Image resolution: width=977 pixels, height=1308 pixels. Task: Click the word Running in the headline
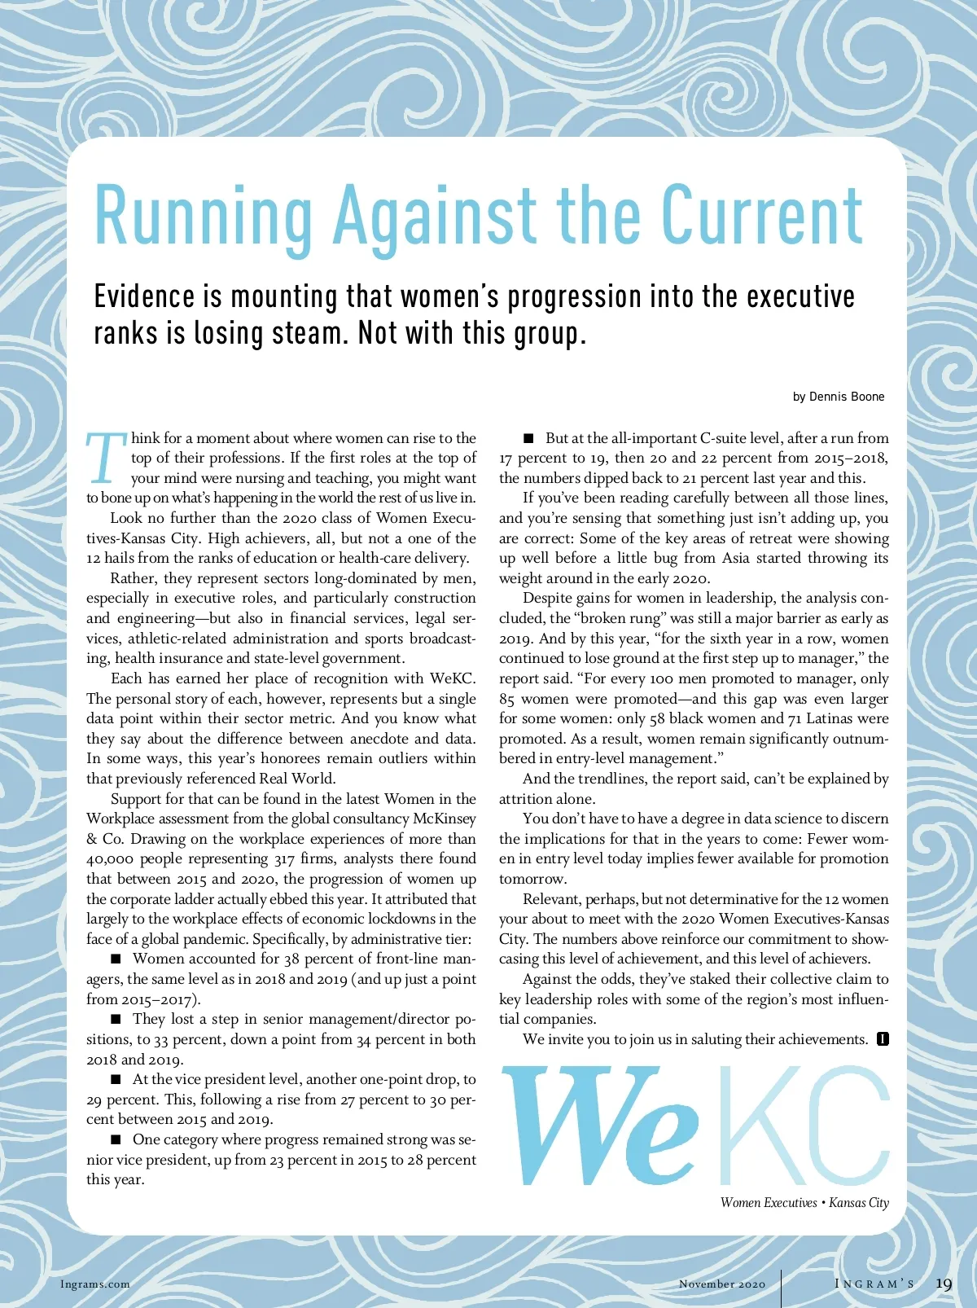(204, 217)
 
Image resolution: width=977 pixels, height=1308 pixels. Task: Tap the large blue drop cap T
(106, 458)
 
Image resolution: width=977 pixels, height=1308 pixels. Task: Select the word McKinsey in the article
(445, 819)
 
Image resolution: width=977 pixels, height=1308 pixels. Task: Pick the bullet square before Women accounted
(116, 959)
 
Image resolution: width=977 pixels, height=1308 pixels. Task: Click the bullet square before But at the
(528, 439)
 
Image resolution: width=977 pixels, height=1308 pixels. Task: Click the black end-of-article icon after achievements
(883, 1039)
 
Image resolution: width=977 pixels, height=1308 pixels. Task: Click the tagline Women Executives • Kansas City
(804, 1203)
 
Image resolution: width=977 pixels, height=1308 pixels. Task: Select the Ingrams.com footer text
(95, 1284)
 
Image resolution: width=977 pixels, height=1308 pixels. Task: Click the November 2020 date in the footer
(722, 1284)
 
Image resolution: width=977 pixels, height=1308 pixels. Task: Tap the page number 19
(944, 1284)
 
